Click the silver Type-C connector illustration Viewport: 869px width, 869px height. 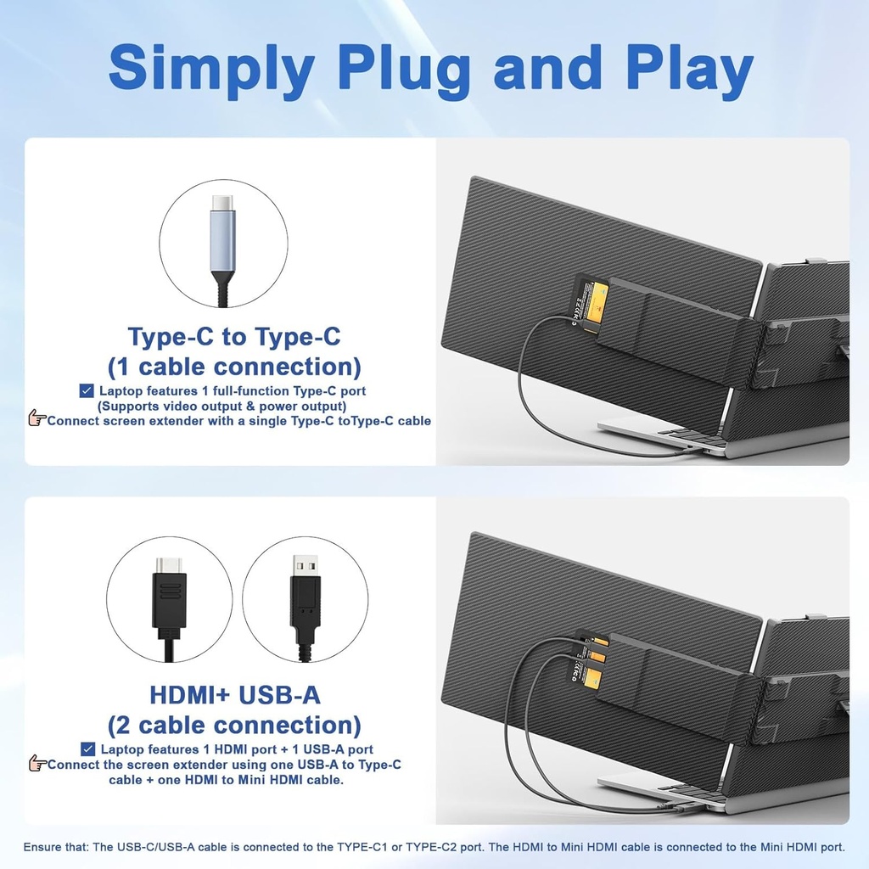[222, 242]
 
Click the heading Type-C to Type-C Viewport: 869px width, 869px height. [234, 336]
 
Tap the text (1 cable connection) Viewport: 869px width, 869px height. [234, 367]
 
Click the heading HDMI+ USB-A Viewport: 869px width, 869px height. [234, 695]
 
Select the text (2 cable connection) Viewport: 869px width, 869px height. [234, 726]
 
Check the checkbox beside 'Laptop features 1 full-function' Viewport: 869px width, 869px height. [87, 390]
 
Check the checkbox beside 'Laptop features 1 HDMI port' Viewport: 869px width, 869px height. [88, 748]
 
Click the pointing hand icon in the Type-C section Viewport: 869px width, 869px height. [36, 418]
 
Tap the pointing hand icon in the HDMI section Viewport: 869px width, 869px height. [36, 764]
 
